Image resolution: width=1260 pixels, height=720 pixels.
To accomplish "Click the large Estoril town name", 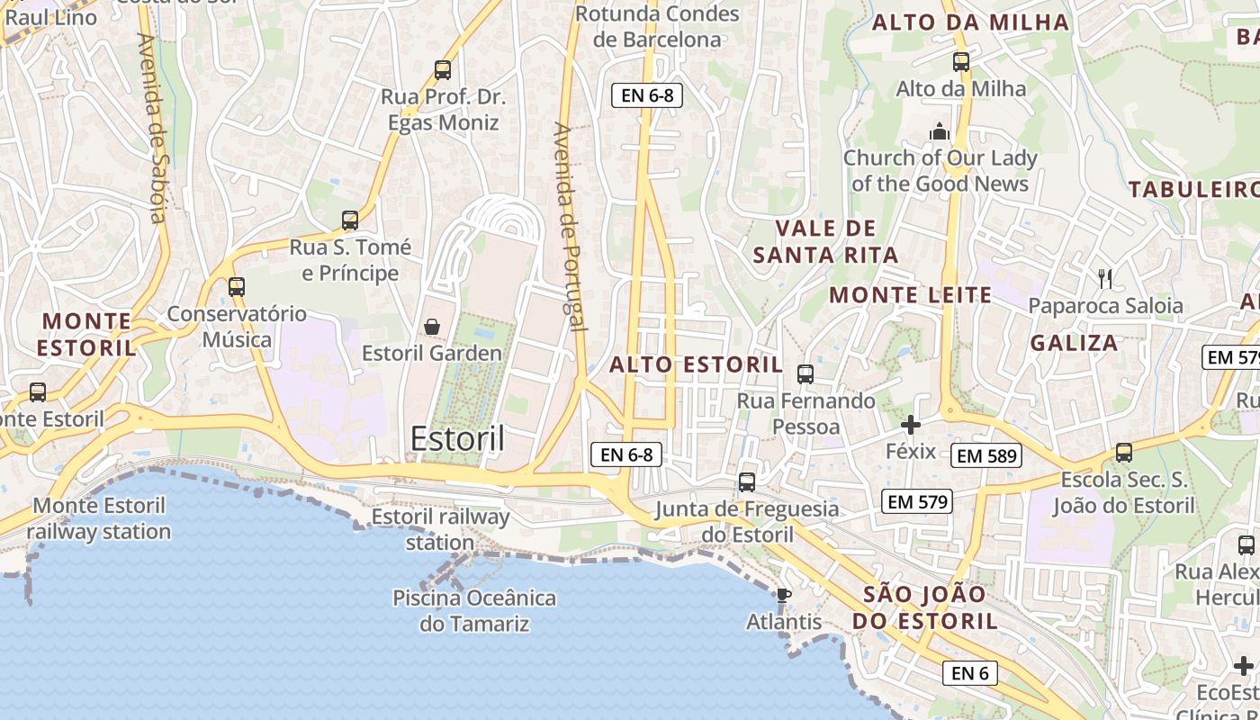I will (457, 439).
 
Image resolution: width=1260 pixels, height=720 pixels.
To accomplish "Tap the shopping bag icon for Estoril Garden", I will (432, 326).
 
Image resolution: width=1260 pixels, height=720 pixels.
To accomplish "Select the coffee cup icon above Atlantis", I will (783, 594).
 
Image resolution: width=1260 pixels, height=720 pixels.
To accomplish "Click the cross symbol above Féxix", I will (911, 424).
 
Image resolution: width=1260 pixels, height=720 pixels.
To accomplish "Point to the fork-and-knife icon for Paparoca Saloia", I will (1105, 279).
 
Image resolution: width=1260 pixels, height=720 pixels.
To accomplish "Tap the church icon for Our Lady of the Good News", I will (940, 131).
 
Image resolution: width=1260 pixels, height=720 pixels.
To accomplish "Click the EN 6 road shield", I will (970, 672).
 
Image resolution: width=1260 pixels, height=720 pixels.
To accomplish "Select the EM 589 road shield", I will (986, 455).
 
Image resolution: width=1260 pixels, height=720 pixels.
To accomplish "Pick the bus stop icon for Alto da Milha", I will (961, 62).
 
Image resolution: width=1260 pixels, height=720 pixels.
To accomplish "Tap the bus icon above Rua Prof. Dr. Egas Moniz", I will (443, 69).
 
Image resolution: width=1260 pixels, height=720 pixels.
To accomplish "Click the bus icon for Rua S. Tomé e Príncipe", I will (350, 220).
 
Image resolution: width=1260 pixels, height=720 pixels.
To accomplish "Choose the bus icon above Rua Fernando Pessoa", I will (805, 373).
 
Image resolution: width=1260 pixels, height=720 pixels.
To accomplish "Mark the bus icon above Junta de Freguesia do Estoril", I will (747, 481).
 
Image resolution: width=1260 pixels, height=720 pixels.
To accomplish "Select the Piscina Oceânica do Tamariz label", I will (474, 610).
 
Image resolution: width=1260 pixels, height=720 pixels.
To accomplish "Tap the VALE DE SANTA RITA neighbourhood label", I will (825, 241).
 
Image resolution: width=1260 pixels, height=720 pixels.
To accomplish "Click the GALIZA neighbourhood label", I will (1074, 343).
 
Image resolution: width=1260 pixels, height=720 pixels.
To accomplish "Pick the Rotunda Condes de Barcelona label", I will (657, 26).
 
